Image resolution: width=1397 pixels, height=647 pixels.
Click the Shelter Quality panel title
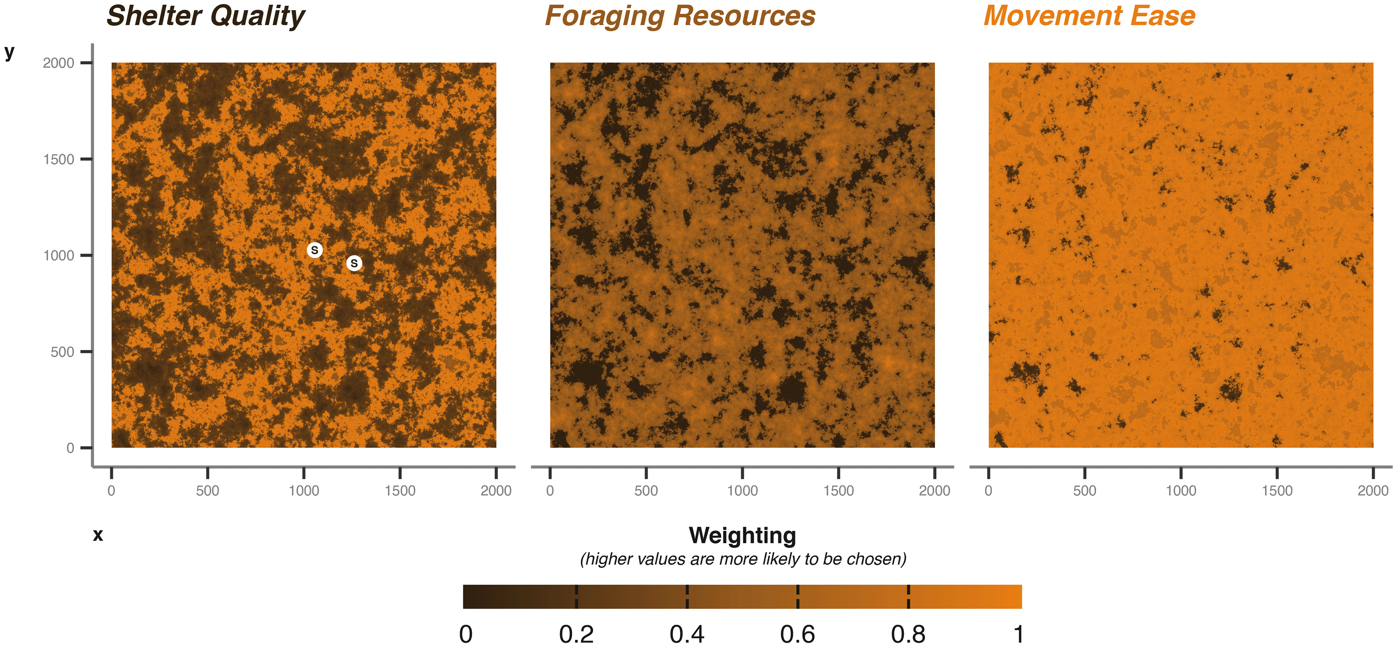coord(206,16)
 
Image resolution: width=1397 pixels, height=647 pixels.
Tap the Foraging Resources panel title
coord(680,16)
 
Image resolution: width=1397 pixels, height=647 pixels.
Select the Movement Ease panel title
coord(1089,16)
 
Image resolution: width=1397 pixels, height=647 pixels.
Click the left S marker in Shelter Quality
coord(314,250)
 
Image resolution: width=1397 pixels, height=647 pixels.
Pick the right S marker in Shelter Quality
coord(354,263)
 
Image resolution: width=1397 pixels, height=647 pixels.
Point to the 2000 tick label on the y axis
coord(59,63)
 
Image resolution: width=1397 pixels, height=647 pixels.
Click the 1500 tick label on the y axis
coord(59,160)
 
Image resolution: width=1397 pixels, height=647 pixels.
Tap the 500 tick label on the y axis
coord(62,352)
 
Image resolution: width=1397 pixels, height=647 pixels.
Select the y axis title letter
coord(9,53)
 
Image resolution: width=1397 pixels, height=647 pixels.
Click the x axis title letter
coord(97,535)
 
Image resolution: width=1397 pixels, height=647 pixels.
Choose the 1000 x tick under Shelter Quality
coord(304,491)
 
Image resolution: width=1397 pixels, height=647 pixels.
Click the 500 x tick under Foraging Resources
coord(646,491)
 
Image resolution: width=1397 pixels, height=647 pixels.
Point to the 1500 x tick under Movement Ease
coord(1277,491)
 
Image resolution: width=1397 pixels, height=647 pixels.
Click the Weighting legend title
coord(742,535)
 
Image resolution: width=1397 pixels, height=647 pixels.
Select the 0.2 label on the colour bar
coord(576,634)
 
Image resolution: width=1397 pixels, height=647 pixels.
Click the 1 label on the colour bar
coord(1018,634)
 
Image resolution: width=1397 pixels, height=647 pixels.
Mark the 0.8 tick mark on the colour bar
coord(908,596)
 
